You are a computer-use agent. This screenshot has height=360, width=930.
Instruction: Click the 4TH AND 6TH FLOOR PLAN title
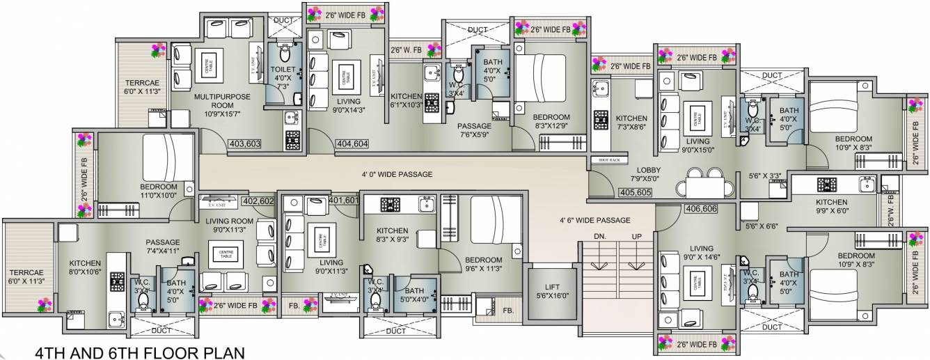tap(139, 352)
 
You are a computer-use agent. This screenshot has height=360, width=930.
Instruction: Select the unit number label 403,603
tap(244, 144)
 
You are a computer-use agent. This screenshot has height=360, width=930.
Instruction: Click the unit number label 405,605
tap(634, 192)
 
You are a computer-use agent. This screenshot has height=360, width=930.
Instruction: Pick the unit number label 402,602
tap(258, 201)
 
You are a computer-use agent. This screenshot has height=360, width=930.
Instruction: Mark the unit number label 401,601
tap(344, 201)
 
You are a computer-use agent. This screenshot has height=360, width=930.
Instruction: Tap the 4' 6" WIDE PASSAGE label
tap(594, 220)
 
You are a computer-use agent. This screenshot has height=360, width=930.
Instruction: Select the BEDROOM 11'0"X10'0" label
tap(158, 192)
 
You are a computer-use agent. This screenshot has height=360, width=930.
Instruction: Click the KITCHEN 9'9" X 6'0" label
tap(831, 207)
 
